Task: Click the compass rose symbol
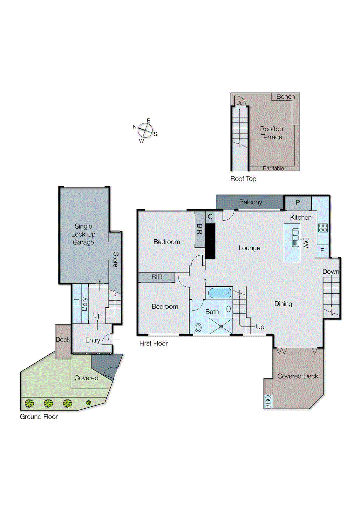point(145,130)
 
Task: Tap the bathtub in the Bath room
point(219,293)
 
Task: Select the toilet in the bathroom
point(198,328)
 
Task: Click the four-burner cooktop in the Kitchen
point(323,228)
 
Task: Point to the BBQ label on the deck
point(268,402)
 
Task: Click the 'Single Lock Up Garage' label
point(83,234)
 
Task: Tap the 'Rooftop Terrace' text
point(271,133)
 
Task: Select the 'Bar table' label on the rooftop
point(273,168)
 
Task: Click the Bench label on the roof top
point(285,97)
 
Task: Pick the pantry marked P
point(298,203)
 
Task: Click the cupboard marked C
point(210,217)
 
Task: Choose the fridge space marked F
point(322,251)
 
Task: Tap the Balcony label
point(250,202)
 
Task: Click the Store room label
point(116,259)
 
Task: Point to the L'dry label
point(85,304)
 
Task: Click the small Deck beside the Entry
point(63,340)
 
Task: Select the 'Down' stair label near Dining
point(331,271)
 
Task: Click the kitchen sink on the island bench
point(296,237)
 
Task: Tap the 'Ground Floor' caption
point(39,417)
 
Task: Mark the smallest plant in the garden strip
point(89,403)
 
